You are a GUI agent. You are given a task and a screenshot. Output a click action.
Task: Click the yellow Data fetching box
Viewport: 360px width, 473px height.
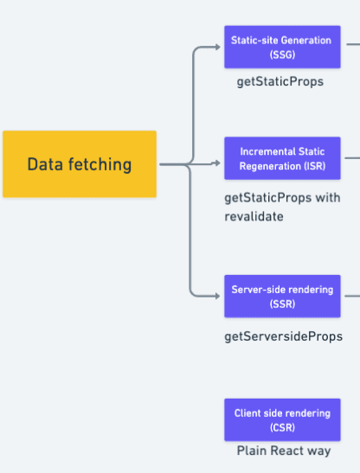(x=80, y=164)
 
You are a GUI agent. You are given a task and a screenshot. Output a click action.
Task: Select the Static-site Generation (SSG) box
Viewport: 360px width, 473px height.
(x=282, y=47)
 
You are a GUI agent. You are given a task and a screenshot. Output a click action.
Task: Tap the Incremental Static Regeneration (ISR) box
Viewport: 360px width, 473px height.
(x=282, y=158)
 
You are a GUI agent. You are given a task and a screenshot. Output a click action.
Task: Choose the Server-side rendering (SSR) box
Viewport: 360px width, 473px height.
(x=282, y=297)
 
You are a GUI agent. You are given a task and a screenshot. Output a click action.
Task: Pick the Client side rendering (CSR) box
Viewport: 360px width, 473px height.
(x=282, y=420)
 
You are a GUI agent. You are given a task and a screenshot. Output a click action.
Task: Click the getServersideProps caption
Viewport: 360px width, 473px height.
(x=283, y=336)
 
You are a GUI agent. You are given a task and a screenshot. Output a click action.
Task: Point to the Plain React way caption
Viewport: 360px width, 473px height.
(x=284, y=451)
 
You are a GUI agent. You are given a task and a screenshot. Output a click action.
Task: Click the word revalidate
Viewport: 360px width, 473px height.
(x=254, y=216)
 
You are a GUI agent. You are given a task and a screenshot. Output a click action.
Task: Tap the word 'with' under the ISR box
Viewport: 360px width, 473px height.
(x=328, y=197)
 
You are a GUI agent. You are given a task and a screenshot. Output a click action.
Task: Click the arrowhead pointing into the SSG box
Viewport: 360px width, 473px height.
(x=217, y=47)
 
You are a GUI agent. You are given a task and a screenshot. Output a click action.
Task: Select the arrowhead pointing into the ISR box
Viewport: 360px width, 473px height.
(x=217, y=163)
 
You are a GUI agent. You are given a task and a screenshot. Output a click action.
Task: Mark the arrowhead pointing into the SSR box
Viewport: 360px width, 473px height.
(x=217, y=296)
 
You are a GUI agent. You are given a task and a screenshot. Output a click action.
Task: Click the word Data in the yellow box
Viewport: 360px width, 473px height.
(x=45, y=164)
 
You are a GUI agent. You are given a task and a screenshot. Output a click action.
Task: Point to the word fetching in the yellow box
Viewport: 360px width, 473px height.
(x=100, y=164)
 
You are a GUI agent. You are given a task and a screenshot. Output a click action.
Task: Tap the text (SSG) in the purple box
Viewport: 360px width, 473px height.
(x=282, y=54)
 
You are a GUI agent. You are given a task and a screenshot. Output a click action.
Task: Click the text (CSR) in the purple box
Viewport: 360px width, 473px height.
(x=282, y=427)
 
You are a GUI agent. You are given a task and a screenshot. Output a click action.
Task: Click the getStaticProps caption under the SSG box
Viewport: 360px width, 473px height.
(x=280, y=82)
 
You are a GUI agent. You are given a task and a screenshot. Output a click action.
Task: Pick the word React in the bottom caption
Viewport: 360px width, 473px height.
(x=286, y=451)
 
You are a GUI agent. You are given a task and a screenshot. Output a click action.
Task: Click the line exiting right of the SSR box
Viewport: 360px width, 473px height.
(x=352, y=296)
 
